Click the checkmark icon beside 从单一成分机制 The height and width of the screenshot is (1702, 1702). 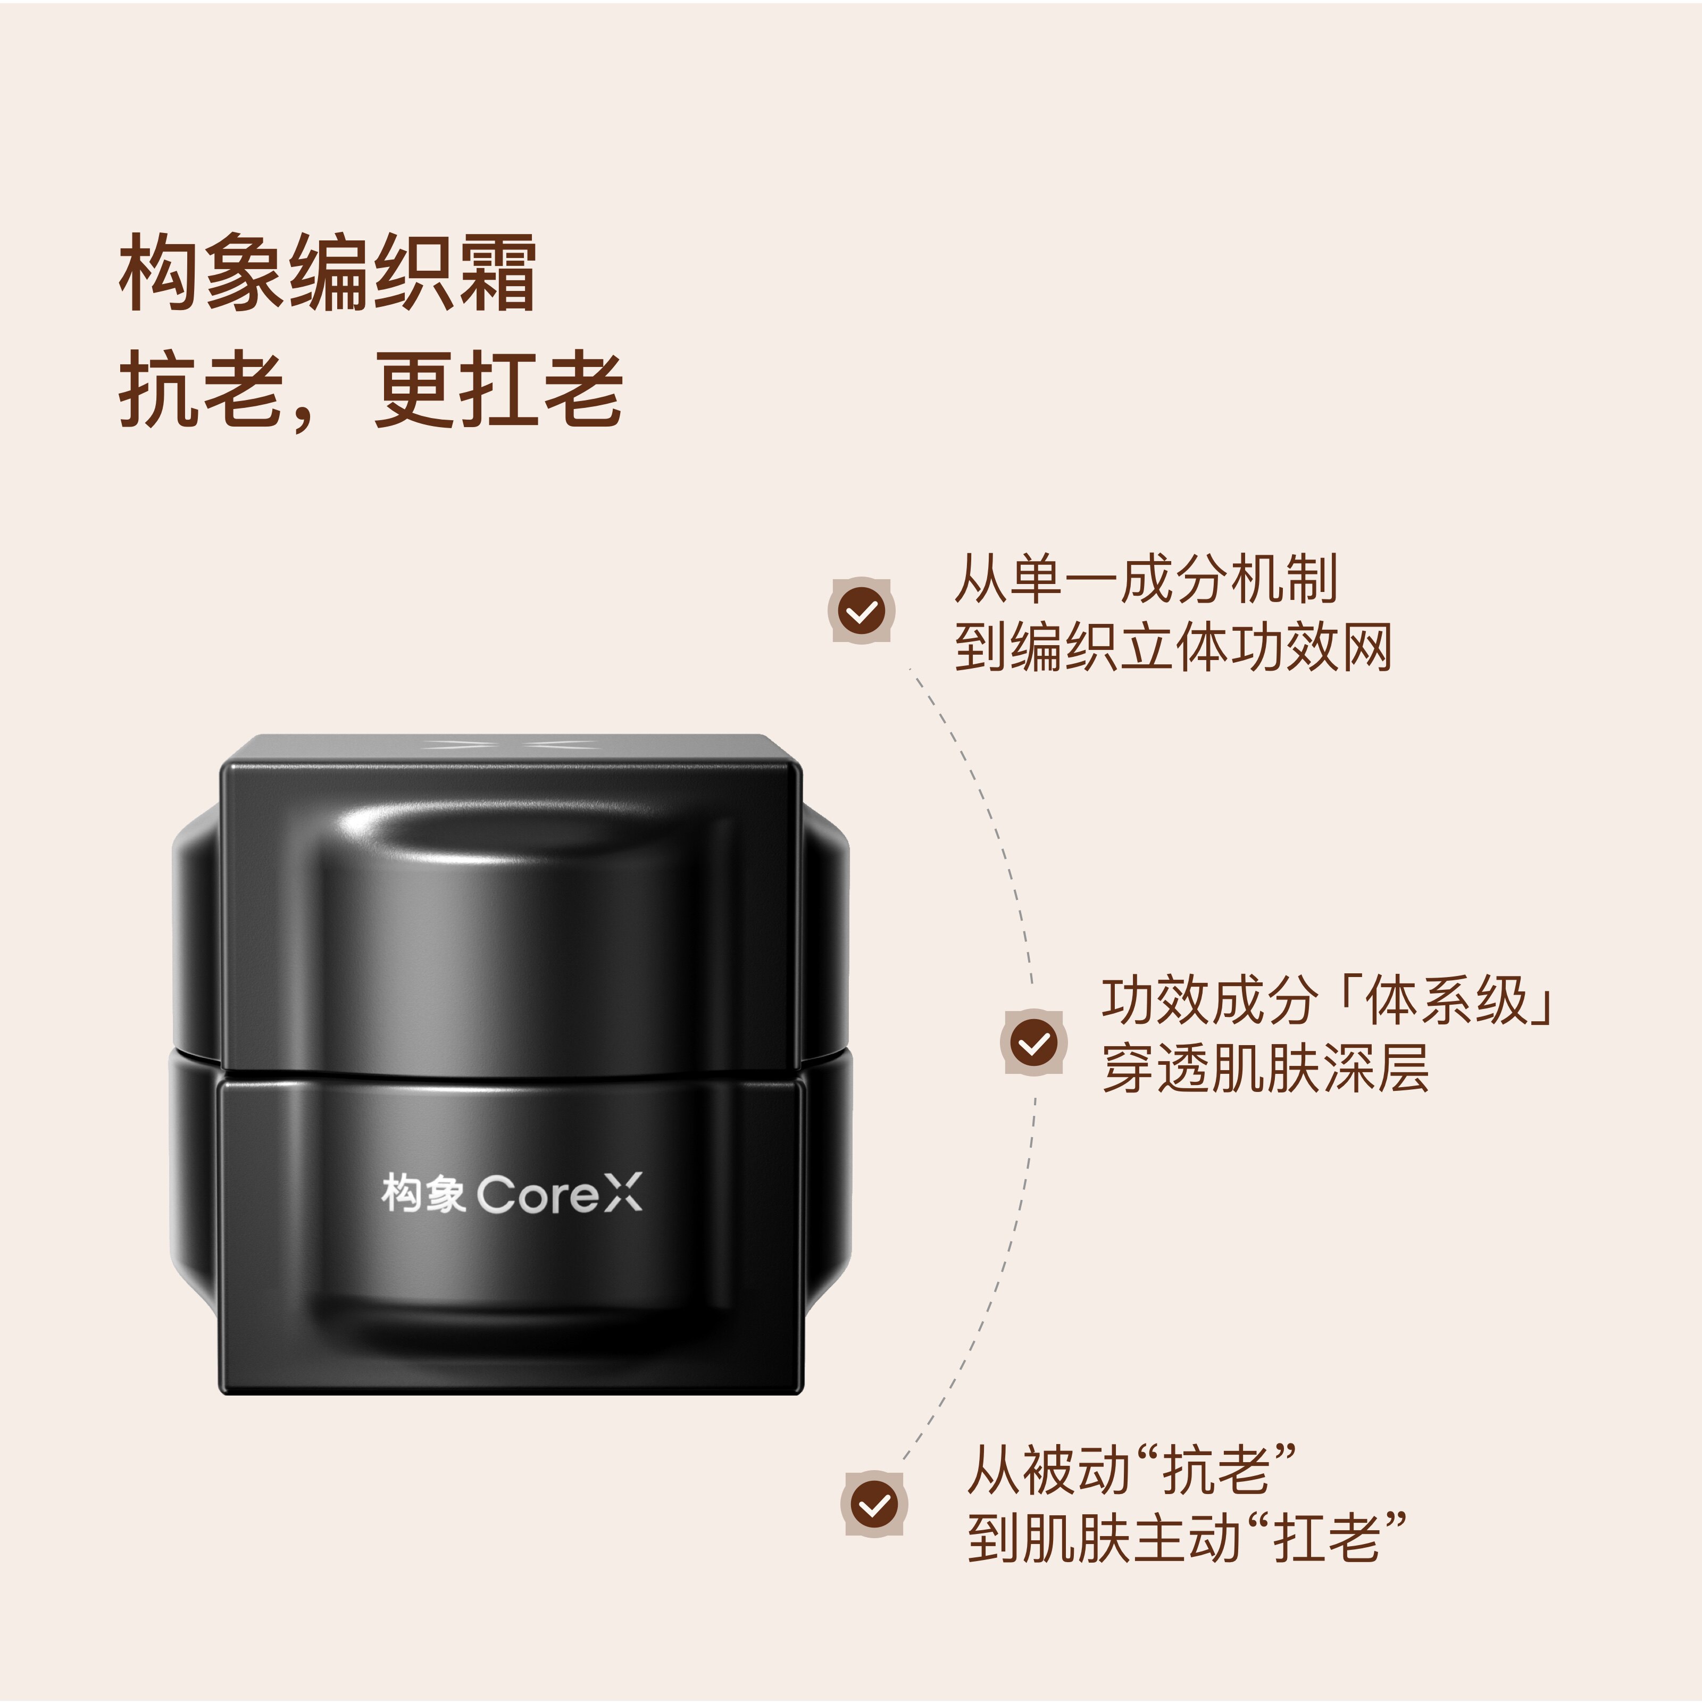[x=862, y=611]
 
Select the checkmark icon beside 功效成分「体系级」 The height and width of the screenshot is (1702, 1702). [x=1033, y=1043]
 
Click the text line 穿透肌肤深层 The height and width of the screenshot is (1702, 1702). [x=1265, y=1070]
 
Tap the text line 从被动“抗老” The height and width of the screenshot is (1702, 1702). [x=1132, y=1470]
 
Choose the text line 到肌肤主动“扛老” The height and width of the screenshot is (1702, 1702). [x=1186, y=1538]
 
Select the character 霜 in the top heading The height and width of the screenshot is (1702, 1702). [x=496, y=273]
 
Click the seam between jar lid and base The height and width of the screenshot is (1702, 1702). [x=511, y=1077]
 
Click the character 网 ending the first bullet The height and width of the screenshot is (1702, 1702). [x=1367, y=647]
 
